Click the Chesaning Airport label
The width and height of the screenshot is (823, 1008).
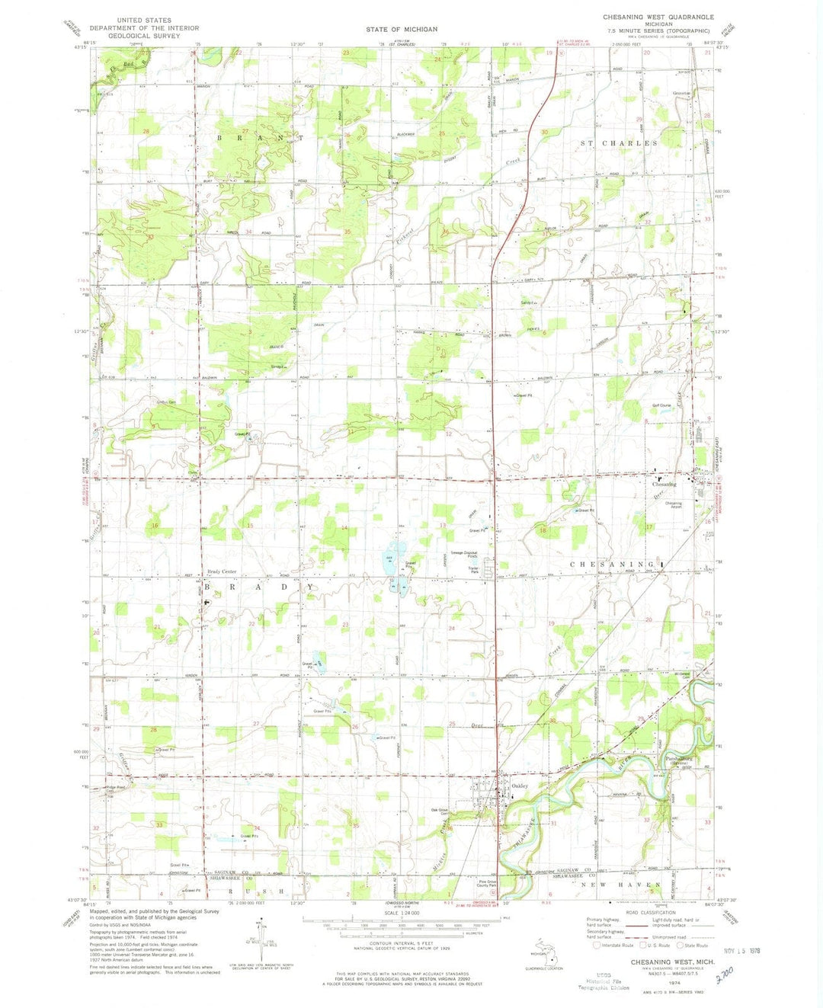[x=674, y=504]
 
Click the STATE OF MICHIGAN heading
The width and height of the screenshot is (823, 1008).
[x=402, y=29]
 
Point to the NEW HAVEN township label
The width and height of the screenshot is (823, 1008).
[x=620, y=885]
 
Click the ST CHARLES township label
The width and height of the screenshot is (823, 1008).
[x=619, y=143]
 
